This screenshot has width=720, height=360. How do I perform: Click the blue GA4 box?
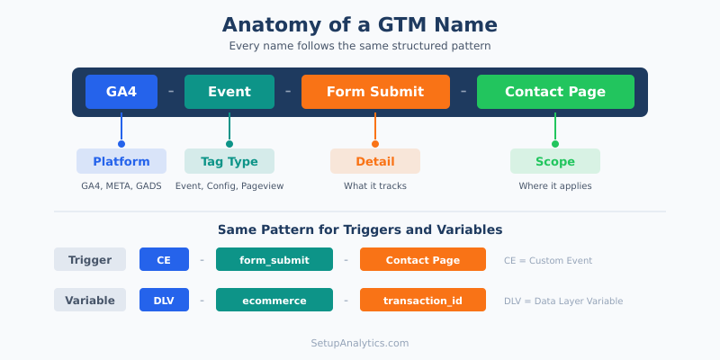121,92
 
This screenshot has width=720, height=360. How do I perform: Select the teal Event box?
229,92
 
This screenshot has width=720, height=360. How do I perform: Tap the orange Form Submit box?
375,92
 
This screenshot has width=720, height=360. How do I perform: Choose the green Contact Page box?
555,92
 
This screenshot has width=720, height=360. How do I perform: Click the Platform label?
121,161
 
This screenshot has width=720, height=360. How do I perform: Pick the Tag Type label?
229,161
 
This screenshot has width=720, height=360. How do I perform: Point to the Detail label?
375,161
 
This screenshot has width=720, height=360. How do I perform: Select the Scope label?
555,161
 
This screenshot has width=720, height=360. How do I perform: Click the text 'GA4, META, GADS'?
121,186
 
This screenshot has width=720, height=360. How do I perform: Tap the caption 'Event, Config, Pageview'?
229,186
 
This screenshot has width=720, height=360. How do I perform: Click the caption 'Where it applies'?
555,186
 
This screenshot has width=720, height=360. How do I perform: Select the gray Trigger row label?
90,259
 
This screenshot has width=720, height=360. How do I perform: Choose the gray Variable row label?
90,300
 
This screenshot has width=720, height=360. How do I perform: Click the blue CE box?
164,259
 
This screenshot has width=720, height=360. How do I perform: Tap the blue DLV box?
164,300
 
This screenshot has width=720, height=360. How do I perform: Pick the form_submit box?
274,259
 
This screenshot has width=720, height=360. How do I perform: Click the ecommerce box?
274,300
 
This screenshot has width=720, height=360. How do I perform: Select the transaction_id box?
423,300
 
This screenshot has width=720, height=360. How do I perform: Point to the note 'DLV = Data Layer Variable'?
563,301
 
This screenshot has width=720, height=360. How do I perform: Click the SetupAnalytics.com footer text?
360,343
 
